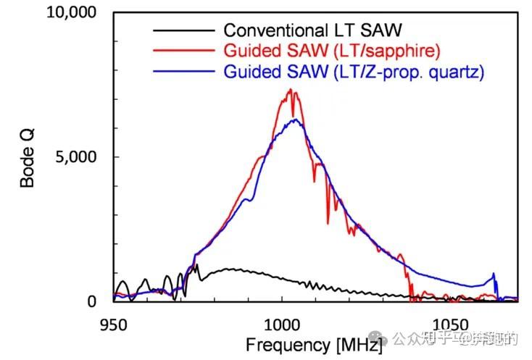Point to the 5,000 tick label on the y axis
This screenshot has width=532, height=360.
click(x=79, y=156)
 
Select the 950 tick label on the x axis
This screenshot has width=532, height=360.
click(x=113, y=324)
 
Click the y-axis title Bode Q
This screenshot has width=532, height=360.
click(x=28, y=156)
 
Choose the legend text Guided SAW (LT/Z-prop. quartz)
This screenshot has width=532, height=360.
click(x=354, y=72)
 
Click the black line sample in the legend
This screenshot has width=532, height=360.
click(x=185, y=30)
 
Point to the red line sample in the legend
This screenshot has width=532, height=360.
click(x=185, y=51)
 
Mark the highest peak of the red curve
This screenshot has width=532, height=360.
click(x=290, y=90)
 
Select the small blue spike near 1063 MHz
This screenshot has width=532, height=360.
click(x=494, y=275)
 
